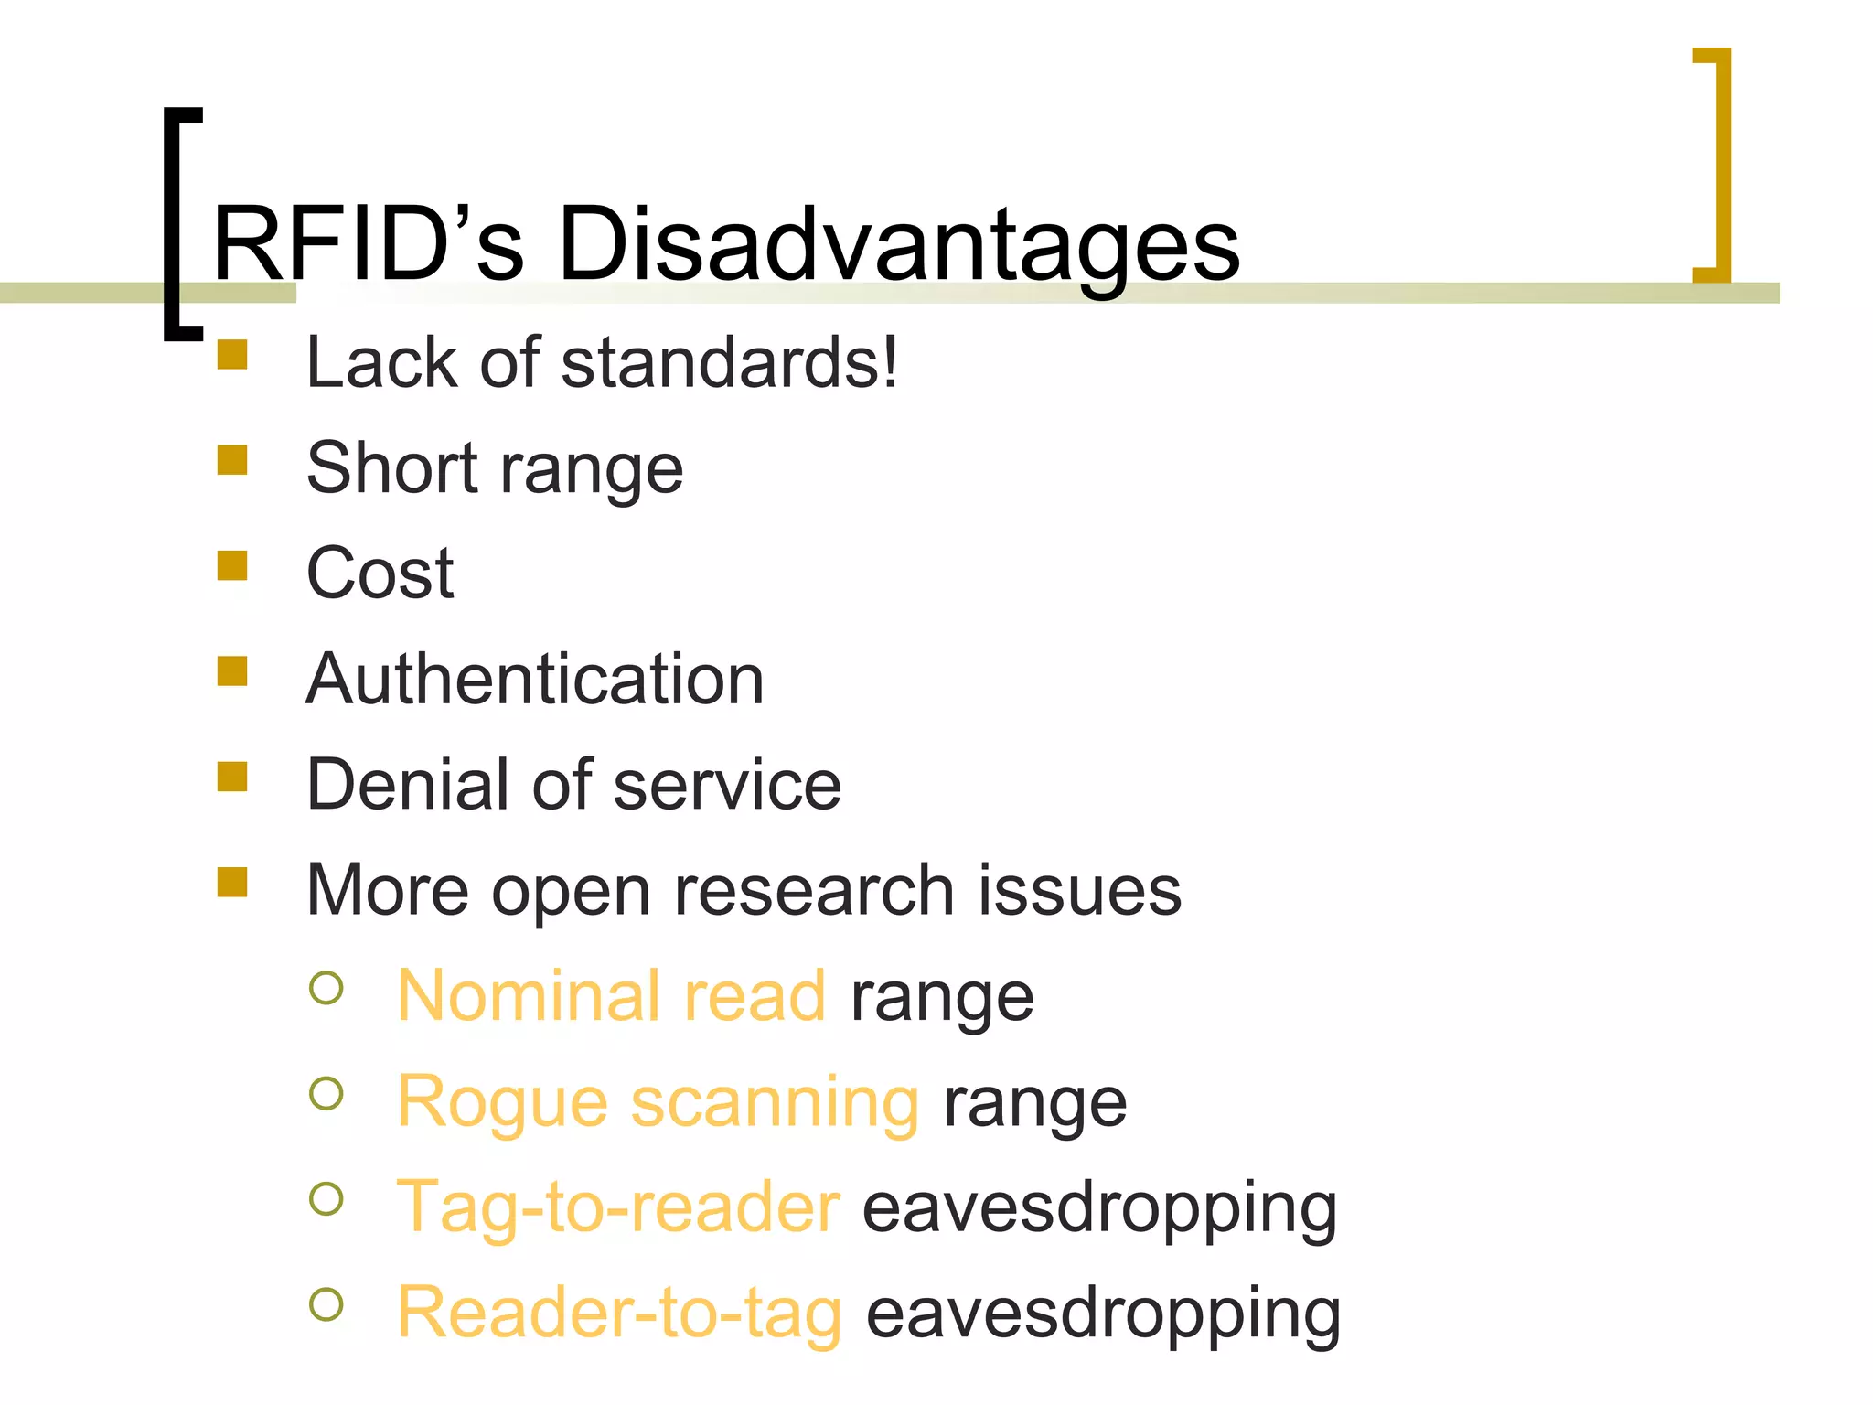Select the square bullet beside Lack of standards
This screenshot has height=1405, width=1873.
[232, 354]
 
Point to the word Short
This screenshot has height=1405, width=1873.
[392, 467]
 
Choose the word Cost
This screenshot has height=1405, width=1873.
[380, 574]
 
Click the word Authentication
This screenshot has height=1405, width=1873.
[535, 680]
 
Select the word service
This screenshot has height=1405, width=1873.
[727, 785]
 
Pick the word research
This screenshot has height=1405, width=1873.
[814, 890]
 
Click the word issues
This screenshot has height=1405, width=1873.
[1079, 890]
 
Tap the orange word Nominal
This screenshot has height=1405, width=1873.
[529, 995]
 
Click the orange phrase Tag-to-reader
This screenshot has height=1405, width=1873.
[618, 1207]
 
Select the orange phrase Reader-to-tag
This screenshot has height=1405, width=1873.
[619, 1314]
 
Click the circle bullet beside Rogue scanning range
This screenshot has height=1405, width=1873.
[326, 1094]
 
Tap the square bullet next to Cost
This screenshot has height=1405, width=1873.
[232, 565]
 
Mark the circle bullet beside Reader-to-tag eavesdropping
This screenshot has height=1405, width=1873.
[326, 1305]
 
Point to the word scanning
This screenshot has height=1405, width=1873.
[775, 1101]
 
